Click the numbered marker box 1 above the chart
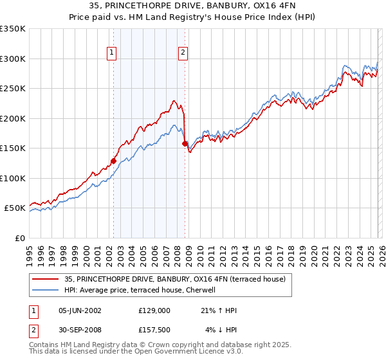(112, 53)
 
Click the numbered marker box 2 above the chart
(183, 53)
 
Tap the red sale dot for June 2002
(113, 161)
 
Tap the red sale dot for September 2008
(185, 144)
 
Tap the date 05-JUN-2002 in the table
(79, 310)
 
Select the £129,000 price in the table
(154, 310)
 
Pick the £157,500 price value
(154, 331)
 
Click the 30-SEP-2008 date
(79, 331)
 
